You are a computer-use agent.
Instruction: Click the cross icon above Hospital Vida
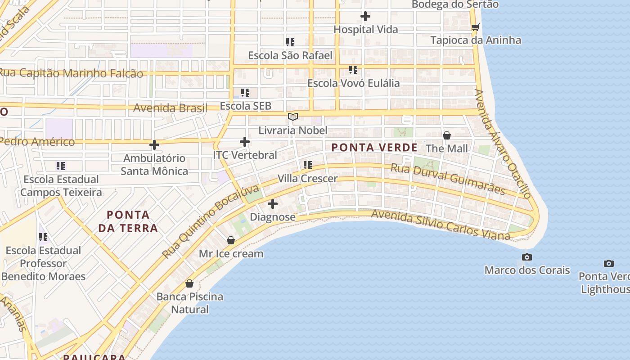pyautogui.click(x=365, y=17)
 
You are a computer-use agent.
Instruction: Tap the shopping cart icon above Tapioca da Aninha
pyautogui.click(x=476, y=27)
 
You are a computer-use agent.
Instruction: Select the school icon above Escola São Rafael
pyautogui.click(x=290, y=42)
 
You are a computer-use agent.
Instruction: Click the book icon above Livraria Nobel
pyautogui.click(x=293, y=117)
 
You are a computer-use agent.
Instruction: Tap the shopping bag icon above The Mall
pyautogui.click(x=447, y=135)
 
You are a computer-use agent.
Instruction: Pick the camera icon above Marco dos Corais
pyautogui.click(x=526, y=257)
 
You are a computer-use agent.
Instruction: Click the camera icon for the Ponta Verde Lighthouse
pyautogui.click(x=608, y=263)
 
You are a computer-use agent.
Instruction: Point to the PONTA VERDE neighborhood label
pyautogui.click(x=374, y=148)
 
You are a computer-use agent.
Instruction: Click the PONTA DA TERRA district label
pyautogui.click(x=128, y=221)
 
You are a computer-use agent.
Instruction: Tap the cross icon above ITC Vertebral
pyautogui.click(x=245, y=142)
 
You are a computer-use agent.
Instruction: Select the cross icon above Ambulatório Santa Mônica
pyautogui.click(x=154, y=145)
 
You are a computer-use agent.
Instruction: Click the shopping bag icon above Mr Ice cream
pyautogui.click(x=231, y=240)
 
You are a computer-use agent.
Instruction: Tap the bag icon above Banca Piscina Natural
pyautogui.click(x=189, y=283)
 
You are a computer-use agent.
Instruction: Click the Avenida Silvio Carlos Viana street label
pyautogui.click(x=441, y=225)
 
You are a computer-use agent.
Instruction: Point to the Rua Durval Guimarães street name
pyautogui.click(x=447, y=179)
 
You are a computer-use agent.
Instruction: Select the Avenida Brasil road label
pyautogui.click(x=170, y=108)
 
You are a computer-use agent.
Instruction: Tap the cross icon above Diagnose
pyautogui.click(x=273, y=204)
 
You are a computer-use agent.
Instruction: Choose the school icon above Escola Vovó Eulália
pyautogui.click(x=353, y=70)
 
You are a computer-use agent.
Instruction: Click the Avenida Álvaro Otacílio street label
pyautogui.click(x=503, y=144)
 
